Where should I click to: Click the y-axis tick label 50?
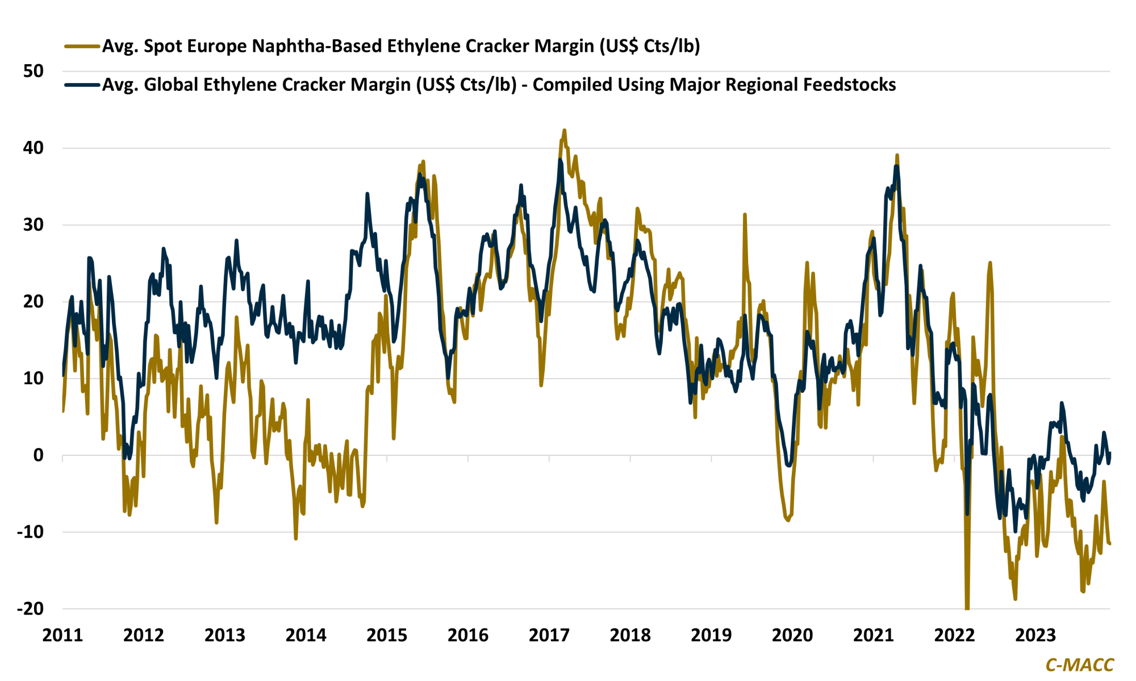[x=34, y=71]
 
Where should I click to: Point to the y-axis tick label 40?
[x=34, y=148]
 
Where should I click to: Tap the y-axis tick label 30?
[x=34, y=225]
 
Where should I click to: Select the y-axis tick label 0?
[x=38, y=455]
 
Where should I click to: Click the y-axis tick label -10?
[x=30, y=532]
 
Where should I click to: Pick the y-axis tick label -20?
[x=30, y=609]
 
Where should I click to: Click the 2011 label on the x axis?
[x=62, y=635]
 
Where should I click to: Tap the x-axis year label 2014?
[x=306, y=635]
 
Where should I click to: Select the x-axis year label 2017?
[x=549, y=635]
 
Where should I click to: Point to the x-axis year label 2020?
[x=792, y=635]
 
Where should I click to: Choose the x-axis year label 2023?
[x=1035, y=635]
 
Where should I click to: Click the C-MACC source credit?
[x=1079, y=665]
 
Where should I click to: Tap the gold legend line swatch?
[x=82, y=46]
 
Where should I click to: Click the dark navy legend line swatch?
[x=82, y=85]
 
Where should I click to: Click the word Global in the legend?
[x=171, y=85]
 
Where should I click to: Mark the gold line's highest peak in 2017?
[x=564, y=130]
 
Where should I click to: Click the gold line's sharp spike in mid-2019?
[x=744, y=215]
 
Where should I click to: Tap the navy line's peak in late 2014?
[x=367, y=194]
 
